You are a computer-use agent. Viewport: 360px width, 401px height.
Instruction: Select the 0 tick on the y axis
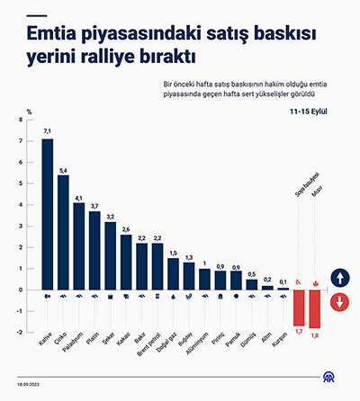[x=31, y=290]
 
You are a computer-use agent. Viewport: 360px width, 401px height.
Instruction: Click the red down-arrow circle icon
[x=340, y=301]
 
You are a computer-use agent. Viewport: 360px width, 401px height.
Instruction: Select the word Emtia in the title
[x=51, y=36]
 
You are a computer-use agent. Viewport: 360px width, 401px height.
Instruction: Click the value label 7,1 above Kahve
[x=48, y=131]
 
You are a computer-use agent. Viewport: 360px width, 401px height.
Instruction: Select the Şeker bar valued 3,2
[x=110, y=255]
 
